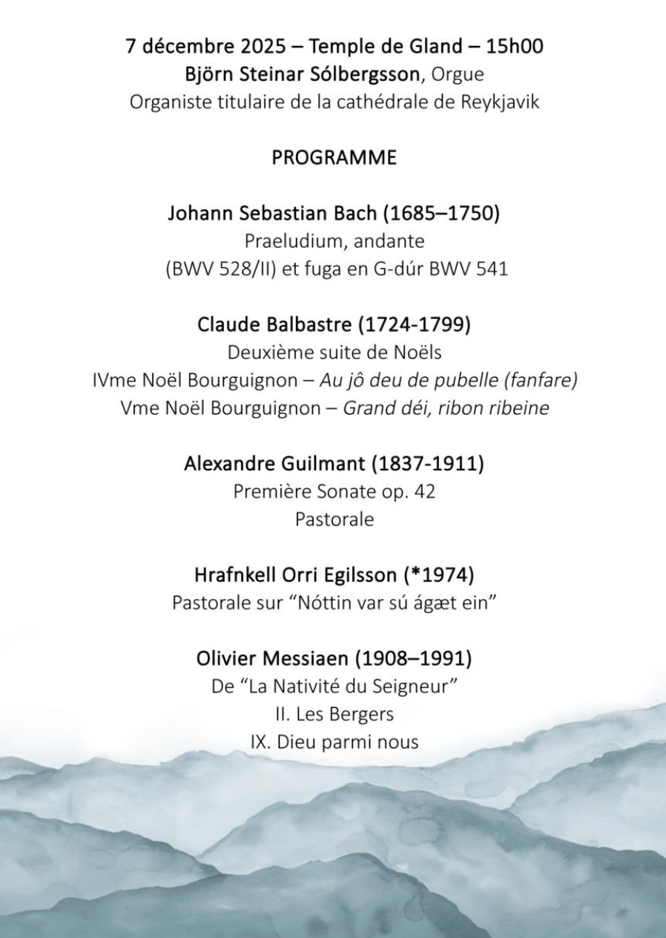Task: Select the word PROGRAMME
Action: pyautogui.click(x=334, y=158)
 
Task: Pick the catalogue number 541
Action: pyautogui.click(x=492, y=269)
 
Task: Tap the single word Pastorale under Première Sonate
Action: pyautogui.click(x=334, y=519)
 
